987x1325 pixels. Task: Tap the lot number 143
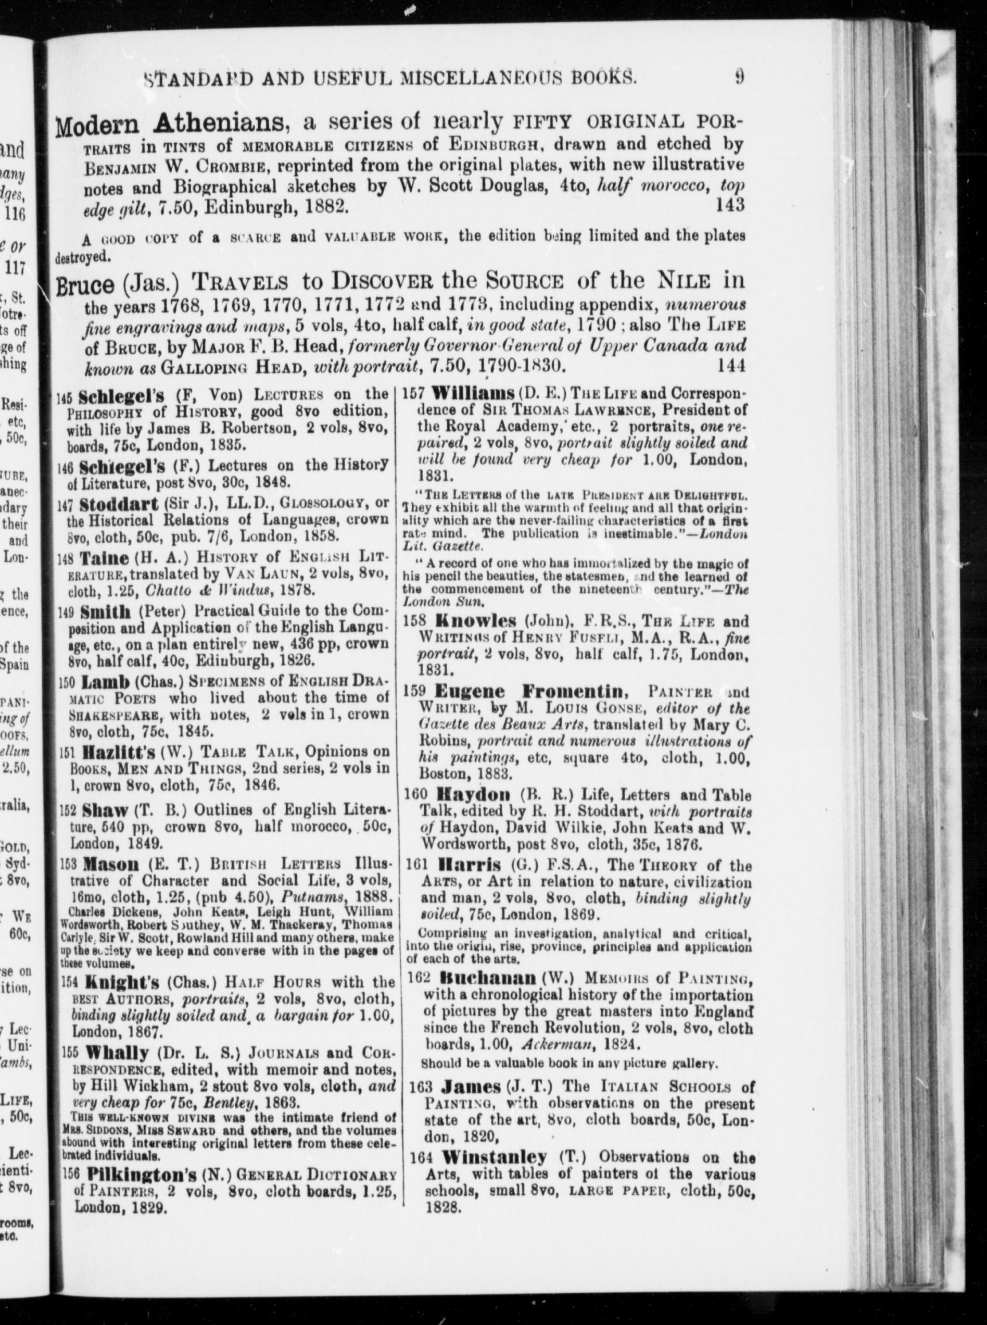tap(729, 205)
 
